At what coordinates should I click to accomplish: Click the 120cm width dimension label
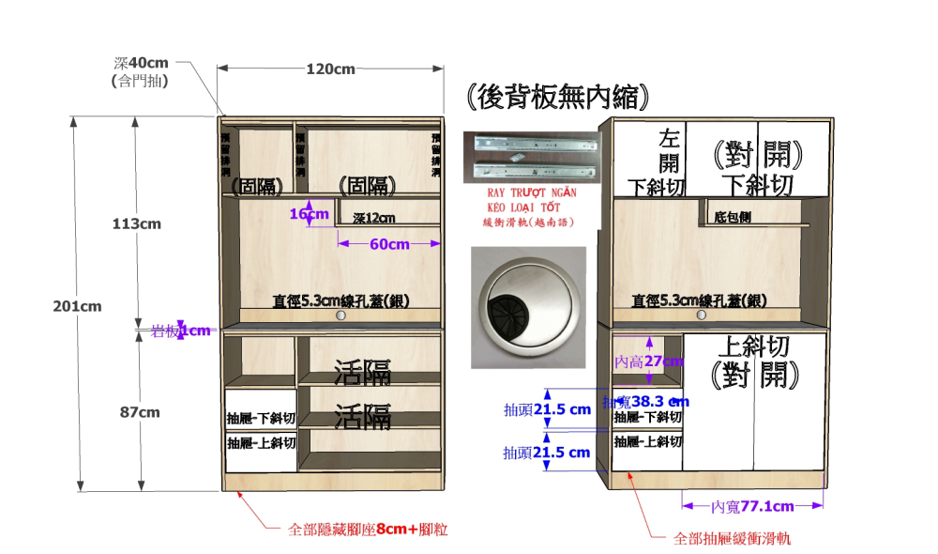[x=330, y=69]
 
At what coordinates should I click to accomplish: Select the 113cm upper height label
[x=137, y=223]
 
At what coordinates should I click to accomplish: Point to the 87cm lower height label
[x=141, y=411]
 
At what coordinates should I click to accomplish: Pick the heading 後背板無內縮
[x=557, y=98]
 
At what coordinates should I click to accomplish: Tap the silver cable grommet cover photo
[x=528, y=308]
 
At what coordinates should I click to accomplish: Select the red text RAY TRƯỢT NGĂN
[x=530, y=192]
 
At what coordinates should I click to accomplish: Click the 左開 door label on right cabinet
[x=668, y=150]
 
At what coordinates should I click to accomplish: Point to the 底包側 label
[x=733, y=217]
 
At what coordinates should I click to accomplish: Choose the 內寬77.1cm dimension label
[x=752, y=506]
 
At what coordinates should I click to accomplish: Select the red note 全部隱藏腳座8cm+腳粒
[x=367, y=530]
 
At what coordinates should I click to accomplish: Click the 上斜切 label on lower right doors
[x=755, y=346]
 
